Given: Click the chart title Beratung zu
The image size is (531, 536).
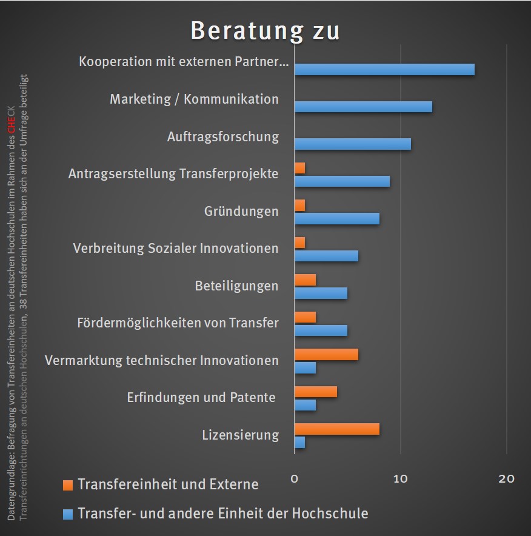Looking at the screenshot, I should [x=265, y=31].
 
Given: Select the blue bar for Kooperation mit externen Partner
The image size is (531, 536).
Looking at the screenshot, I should [x=384, y=69].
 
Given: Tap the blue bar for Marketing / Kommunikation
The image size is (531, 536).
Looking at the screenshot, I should [x=363, y=107].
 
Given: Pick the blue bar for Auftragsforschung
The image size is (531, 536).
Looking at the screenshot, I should [x=352, y=144].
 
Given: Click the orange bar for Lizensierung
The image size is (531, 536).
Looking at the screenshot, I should [x=336, y=429].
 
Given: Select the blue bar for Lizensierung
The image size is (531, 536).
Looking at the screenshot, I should [x=299, y=443].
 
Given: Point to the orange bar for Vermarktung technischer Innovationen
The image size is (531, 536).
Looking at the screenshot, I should [x=326, y=355].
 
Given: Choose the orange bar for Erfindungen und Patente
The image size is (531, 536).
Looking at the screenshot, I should [x=315, y=392].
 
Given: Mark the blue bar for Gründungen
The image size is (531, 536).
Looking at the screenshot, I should [x=336, y=218].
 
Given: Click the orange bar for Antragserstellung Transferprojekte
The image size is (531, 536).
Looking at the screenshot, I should [x=299, y=168].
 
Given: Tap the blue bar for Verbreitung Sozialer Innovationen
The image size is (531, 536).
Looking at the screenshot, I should [x=326, y=256].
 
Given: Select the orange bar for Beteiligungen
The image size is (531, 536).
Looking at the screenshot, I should [x=305, y=280].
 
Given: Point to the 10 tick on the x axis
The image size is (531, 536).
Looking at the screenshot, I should [x=400, y=479].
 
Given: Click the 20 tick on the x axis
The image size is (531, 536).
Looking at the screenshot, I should [x=506, y=479].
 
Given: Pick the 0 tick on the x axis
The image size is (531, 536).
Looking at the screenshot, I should [x=295, y=479].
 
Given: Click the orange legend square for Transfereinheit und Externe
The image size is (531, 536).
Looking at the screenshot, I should [x=68, y=485].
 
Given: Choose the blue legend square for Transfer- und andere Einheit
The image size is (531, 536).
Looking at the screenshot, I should [x=68, y=514].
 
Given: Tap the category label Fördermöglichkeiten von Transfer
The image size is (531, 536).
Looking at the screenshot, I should [x=178, y=323].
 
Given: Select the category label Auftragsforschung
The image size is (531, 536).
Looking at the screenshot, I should [x=222, y=136].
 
